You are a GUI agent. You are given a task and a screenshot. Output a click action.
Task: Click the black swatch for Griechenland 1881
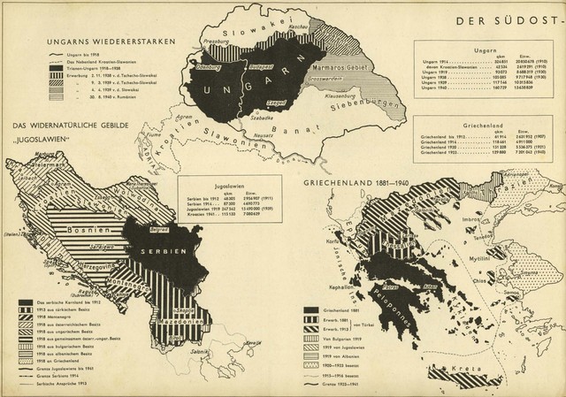[310, 311]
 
